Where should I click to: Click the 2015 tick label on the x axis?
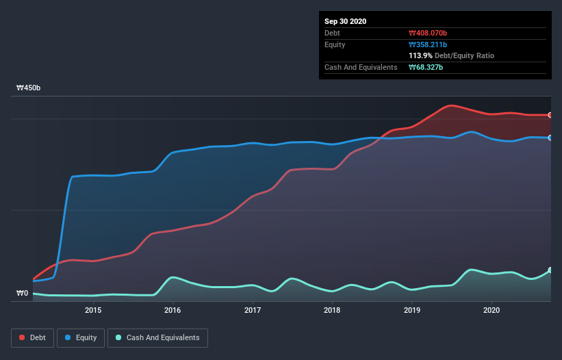(x=93, y=310)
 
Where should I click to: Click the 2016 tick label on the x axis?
(x=173, y=310)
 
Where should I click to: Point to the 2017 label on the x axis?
(x=253, y=310)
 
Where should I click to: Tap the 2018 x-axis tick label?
(x=332, y=310)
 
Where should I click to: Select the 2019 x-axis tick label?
(x=412, y=310)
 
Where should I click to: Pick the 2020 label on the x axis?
(x=491, y=310)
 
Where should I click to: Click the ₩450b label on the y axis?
(x=29, y=88)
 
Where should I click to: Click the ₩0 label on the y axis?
(x=23, y=294)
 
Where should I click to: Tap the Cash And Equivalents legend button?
(x=157, y=337)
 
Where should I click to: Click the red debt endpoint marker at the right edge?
(x=550, y=115)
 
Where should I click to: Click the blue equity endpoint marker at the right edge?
(x=550, y=138)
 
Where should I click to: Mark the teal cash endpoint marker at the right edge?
(x=550, y=270)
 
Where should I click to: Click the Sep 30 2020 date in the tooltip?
(x=345, y=21)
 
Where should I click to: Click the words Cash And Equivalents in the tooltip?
(x=361, y=67)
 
